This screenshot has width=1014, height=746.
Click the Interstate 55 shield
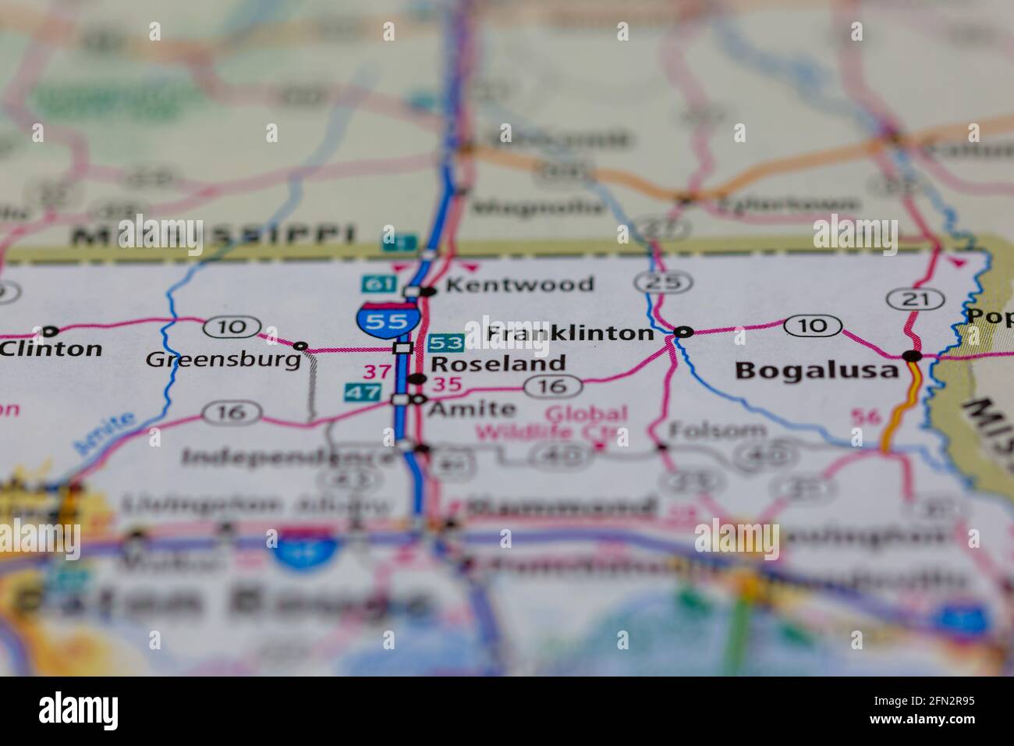coord(388,319)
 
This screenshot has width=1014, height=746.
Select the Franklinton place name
coord(569,334)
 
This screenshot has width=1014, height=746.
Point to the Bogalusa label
coord(817,370)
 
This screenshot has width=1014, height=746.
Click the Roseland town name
coord(498,364)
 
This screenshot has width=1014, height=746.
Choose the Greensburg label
coord(223,360)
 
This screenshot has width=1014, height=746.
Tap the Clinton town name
coord(51,349)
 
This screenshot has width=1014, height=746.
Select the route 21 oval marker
coord(906,297)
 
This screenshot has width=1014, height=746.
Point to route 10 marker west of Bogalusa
coord(813,325)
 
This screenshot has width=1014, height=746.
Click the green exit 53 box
coord(447,342)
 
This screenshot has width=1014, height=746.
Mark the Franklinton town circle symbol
coord(683,332)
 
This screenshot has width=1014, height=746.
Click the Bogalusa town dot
coord(912,357)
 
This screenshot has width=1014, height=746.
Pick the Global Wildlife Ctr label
coord(587,422)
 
